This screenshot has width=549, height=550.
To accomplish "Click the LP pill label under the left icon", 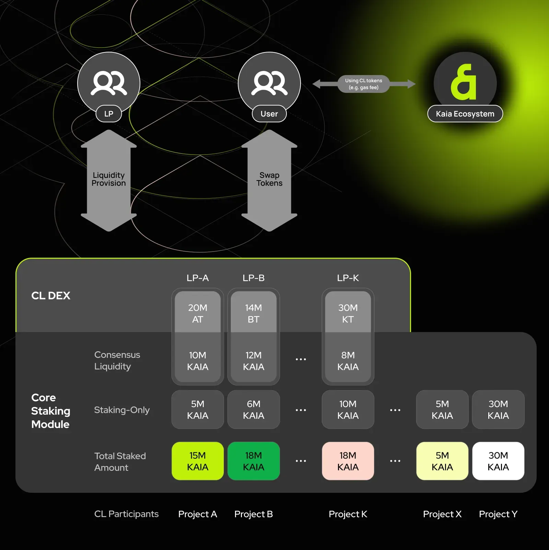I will click(x=108, y=114).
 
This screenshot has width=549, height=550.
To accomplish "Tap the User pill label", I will click(x=269, y=114).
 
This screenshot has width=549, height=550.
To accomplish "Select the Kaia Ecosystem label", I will click(x=465, y=114).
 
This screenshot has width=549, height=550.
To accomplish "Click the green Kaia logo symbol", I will click(x=464, y=82).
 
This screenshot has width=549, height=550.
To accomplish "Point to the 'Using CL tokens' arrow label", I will click(x=363, y=84).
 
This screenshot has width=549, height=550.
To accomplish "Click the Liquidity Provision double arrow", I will click(x=109, y=180).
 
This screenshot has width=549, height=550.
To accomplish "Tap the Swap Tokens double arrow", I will click(x=269, y=180).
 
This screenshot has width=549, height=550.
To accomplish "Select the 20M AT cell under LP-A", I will click(x=198, y=313).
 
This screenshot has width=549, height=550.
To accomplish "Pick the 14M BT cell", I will click(x=254, y=313).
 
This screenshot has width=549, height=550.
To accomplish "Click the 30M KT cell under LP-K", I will click(x=348, y=313).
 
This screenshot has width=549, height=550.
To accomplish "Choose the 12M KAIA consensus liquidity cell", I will click(x=254, y=361).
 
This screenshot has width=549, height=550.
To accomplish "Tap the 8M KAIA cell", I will click(x=348, y=361).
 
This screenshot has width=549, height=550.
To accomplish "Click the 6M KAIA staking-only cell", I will click(x=254, y=410).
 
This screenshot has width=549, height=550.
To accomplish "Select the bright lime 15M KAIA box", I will click(x=198, y=461).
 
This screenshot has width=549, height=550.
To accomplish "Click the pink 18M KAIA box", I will click(x=348, y=461).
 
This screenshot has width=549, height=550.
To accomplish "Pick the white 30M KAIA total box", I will click(x=498, y=461).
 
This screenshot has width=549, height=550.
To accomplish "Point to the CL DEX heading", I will click(x=51, y=296).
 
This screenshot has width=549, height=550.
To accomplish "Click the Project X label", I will click(x=442, y=514).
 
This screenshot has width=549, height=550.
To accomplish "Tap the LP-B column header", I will click(x=254, y=278).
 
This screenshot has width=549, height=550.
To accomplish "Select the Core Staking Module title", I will click(x=51, y=411).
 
